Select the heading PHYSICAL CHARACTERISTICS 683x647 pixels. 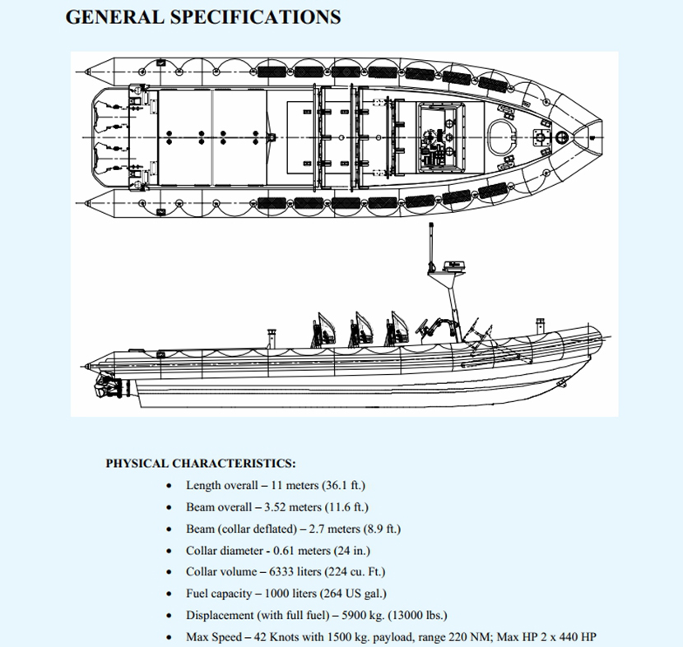coord(201,464)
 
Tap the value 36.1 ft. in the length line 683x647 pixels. coord(344,486)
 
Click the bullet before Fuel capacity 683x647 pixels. coord(169,594)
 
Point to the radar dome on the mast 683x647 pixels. coord(452,266)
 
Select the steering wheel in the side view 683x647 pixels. coord(425,327)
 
